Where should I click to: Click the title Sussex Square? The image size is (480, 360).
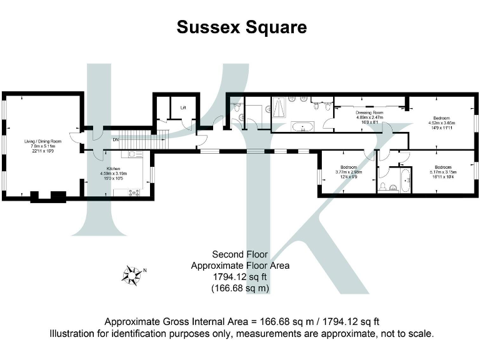(242, 27)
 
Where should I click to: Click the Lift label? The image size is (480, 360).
(183, 107)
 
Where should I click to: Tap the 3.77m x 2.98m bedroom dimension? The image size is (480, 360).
(349, 172)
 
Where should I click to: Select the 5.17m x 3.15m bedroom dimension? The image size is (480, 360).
(443, 172)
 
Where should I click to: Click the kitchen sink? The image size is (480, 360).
(132, 153)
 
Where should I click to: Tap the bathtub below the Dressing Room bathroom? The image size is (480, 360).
(303, 127)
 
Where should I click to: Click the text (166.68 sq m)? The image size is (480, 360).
(240, 288)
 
